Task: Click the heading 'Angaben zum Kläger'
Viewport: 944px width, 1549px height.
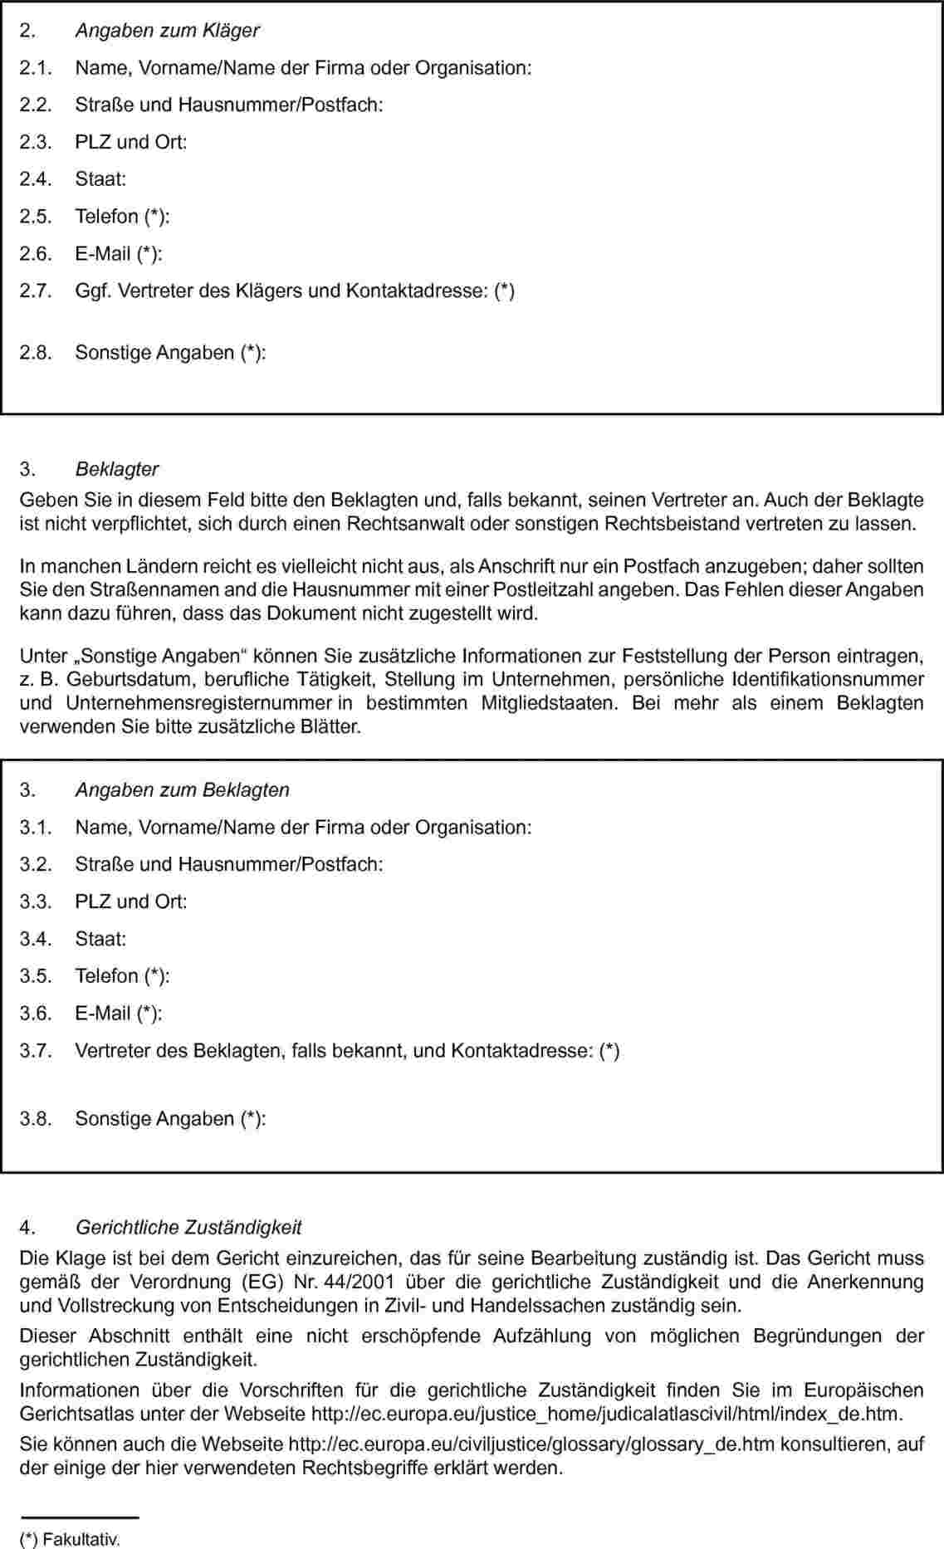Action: (167, 31)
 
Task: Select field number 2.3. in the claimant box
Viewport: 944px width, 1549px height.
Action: (36, 142)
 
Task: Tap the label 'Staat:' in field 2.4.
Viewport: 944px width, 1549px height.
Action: (100, 179)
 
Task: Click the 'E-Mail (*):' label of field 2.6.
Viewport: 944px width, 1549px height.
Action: (119, 254)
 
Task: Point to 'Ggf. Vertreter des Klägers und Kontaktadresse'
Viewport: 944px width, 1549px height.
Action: (295, 291)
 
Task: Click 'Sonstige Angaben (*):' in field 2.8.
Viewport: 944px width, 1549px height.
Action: (171, 353)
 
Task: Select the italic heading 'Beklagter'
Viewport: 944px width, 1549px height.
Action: (117, 469)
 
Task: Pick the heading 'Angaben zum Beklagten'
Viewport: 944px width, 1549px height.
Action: (182, 790)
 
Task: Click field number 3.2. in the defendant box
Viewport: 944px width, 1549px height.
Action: (36, 865)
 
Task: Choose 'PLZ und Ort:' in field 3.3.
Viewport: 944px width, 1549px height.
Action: (131, 902)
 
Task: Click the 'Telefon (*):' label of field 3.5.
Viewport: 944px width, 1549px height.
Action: (122, 976)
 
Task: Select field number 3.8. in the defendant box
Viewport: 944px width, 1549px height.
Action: (36, 1119)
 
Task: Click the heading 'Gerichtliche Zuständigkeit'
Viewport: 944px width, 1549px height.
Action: (188, 1227)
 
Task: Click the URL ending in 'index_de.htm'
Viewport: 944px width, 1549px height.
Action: (606, 1414)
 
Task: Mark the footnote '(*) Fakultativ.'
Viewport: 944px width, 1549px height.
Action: (71, 1541)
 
